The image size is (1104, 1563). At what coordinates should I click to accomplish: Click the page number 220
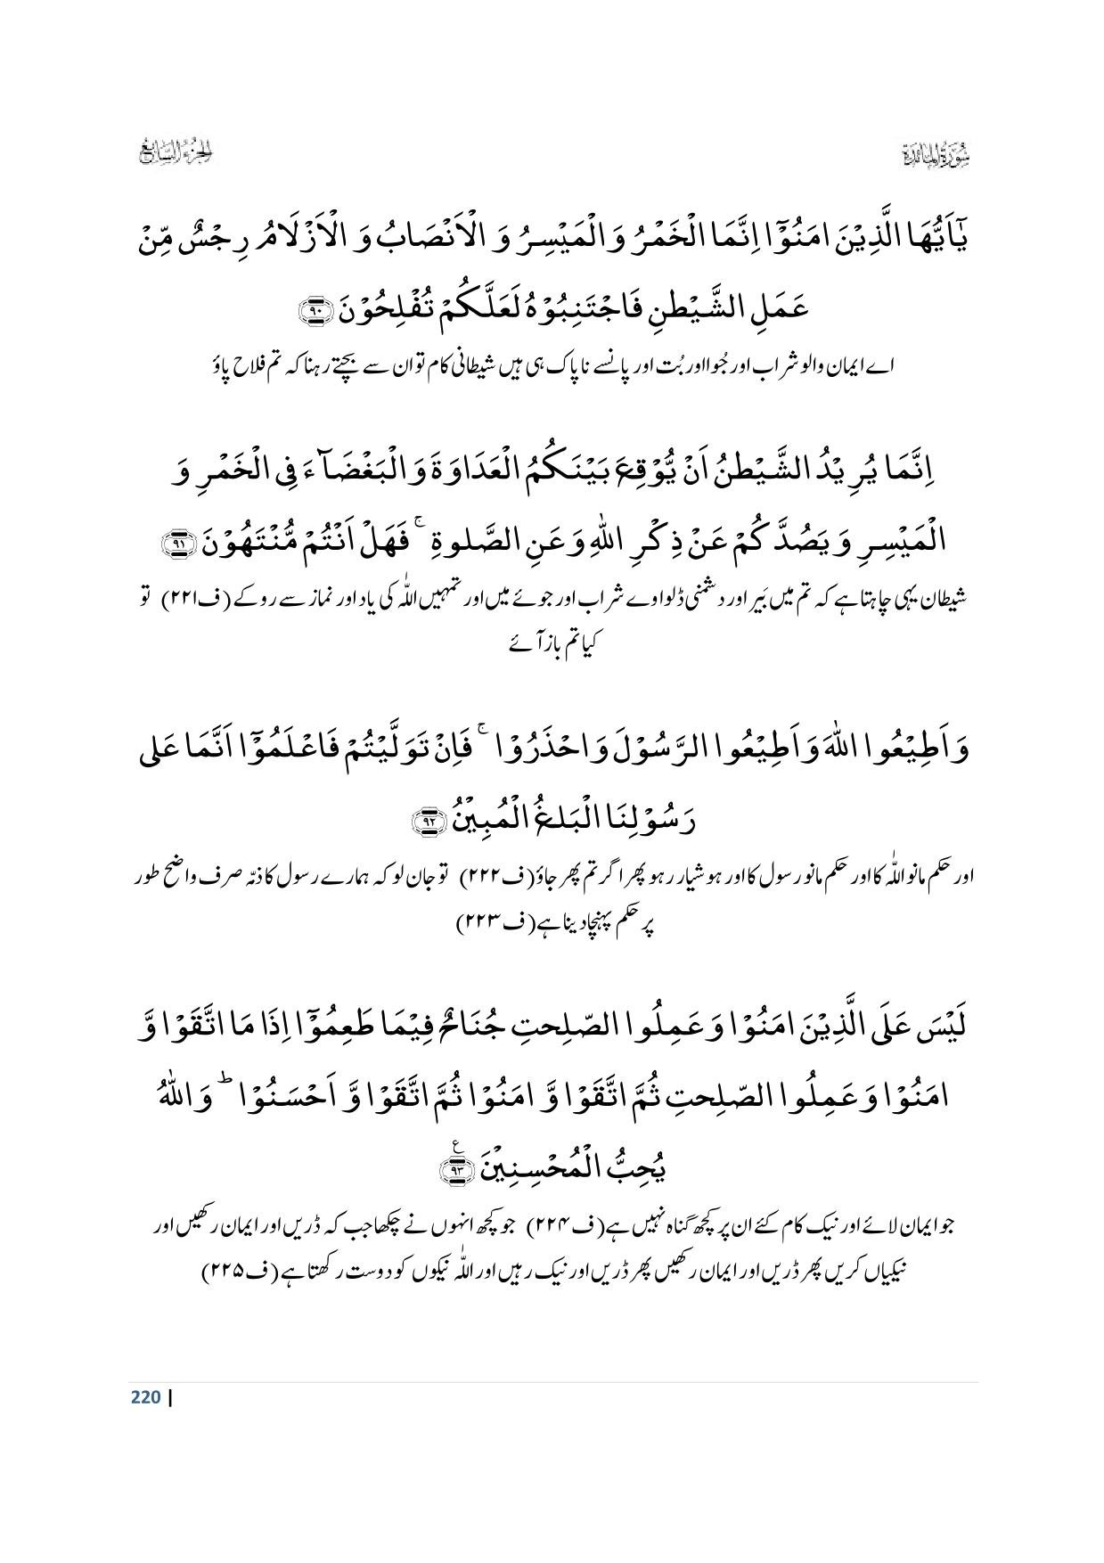pyautogui.click(x=144, y=1396)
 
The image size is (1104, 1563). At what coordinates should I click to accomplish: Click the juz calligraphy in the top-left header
pyautogui.click(x=179, y=153)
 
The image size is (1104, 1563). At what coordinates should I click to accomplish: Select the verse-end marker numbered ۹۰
pyautogui.click(x=314, y=311)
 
